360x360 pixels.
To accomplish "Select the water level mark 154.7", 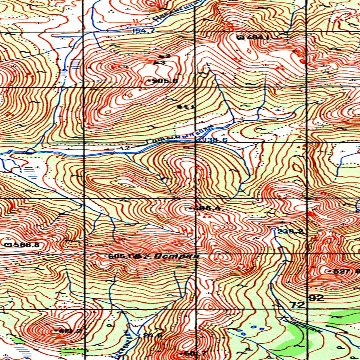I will coord(143,31).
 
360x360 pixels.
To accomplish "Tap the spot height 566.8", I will coord(22,245).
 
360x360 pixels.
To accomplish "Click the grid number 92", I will coord(316,298).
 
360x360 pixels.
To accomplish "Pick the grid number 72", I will coord(298,305).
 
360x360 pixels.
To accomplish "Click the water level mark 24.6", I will coord(152,335).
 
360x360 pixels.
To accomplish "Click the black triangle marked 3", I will coord(156,63).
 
